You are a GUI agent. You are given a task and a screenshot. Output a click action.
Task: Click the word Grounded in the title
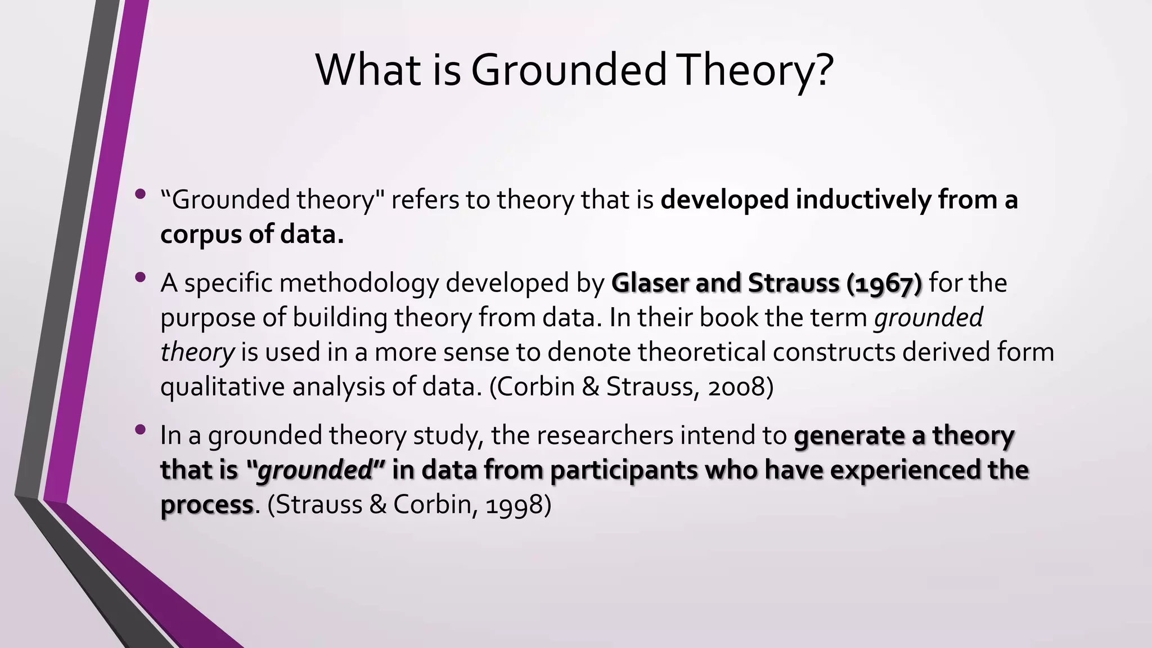point(568,70)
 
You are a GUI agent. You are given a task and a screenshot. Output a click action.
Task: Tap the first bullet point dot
point(141,195)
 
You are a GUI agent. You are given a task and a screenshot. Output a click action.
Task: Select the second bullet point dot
point(141,277)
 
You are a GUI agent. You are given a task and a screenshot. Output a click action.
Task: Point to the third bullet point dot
point(141,430)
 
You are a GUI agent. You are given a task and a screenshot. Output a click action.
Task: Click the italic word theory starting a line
point(197,353)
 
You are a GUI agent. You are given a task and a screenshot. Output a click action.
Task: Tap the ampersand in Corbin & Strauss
point(590,387)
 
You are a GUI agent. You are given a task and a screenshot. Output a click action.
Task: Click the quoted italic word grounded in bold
point(315,470)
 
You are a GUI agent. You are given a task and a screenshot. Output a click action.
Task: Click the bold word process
point(206,505)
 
